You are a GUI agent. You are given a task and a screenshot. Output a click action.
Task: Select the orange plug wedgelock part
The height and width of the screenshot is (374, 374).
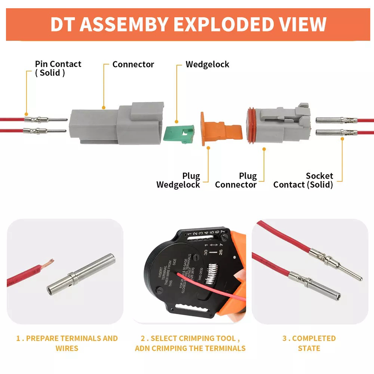(219, 128)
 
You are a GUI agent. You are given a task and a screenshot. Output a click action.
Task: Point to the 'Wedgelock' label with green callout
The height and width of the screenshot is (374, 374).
(208, 64)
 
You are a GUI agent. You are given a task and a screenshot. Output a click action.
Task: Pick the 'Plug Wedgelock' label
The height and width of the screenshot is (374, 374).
(178, 180)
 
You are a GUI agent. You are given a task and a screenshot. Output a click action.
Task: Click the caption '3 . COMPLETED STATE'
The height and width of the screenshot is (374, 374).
(309, 343)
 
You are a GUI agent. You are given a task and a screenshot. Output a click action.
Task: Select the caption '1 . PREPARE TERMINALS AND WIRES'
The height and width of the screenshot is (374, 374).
(67, 343)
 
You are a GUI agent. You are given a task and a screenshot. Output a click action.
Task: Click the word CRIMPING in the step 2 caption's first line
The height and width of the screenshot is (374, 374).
(194, 338)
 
